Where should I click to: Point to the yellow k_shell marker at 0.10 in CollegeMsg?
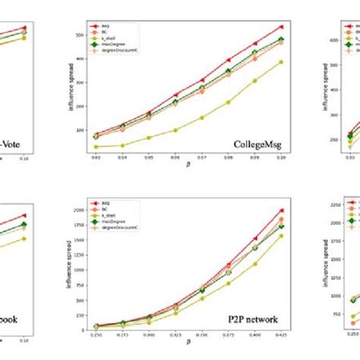tap(281, 62)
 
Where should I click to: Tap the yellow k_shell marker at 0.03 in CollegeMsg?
tap(96, 147)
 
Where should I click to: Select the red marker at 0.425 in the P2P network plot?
tap(281, 210)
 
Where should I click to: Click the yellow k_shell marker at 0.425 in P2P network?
tap(281, 235)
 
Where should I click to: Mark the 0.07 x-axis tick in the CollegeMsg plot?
tap(202, 160)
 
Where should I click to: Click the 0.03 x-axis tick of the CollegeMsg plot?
tap(96, 160)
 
